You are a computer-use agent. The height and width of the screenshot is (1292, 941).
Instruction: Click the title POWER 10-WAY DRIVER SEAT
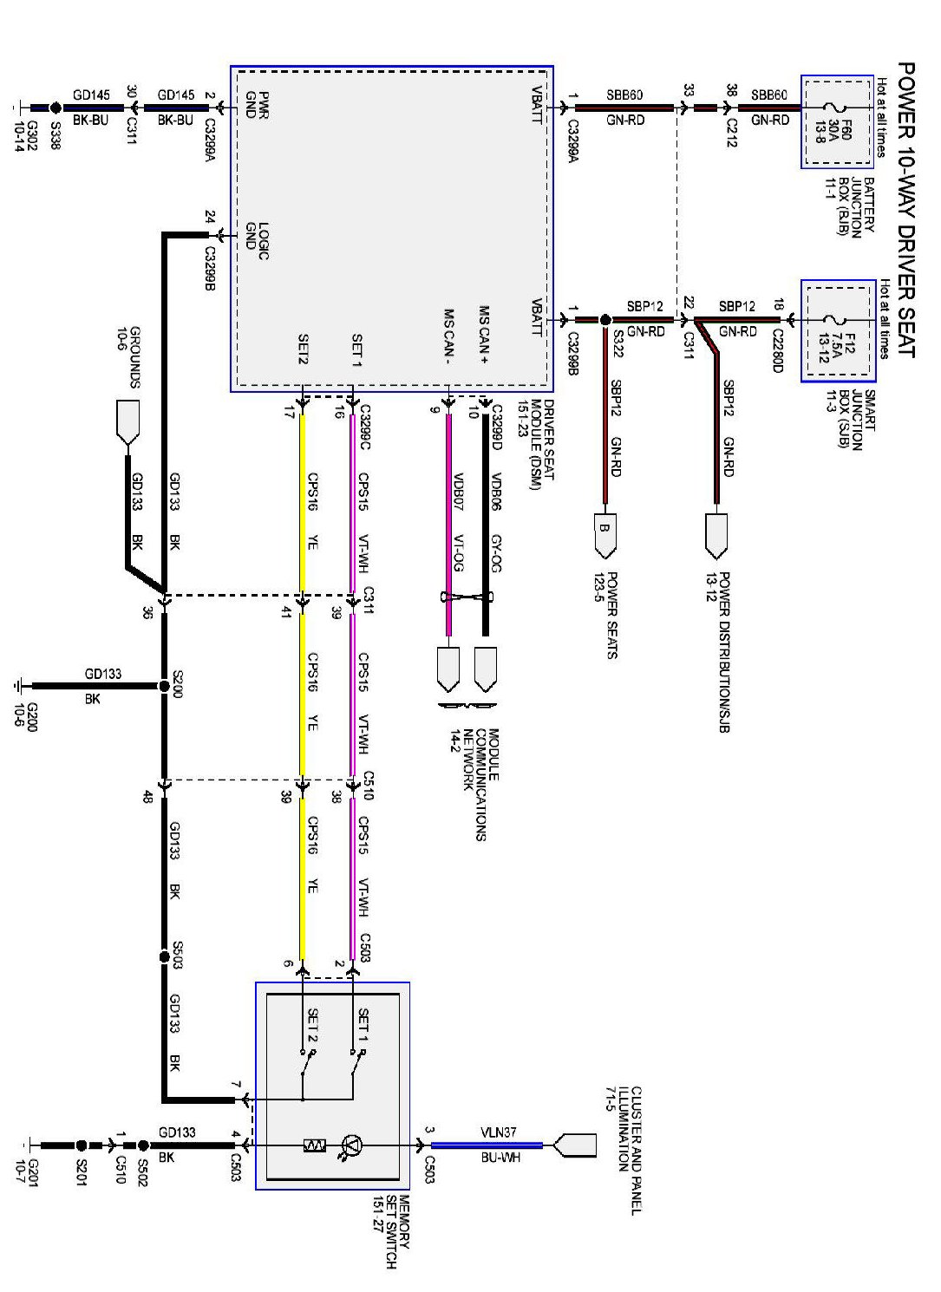pos(905,209)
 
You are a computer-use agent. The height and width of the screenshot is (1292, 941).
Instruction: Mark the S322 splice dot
pos(604,320)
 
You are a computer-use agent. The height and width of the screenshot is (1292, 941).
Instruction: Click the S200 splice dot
pos(164,686)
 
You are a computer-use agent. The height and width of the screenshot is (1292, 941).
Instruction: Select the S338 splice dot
pos(56,108)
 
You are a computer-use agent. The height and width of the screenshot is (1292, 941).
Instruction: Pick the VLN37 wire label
pos(498,1132)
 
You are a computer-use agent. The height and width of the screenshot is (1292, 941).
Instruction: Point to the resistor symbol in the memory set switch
pos(314,1145)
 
